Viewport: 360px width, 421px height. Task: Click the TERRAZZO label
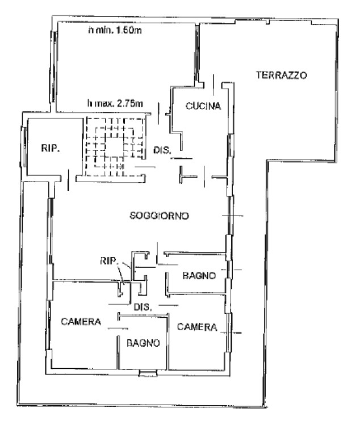pyautogui.click(x=281, y=75)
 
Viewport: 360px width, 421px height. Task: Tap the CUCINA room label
pyautogui.click(x=203, y=106)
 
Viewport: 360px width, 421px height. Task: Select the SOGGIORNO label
pyautogui.click(x=160, y=216)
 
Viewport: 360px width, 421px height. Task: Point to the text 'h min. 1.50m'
pyautogui.click(x=115, y=30)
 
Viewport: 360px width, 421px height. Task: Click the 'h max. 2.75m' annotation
pyautogui.click(x=115, y=103)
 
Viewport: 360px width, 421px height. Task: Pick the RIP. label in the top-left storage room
pyautogui.click(x=51, y=148)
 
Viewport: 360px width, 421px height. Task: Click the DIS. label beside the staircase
pyautogui.click(x=162, y=150)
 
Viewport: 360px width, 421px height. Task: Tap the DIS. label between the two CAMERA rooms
pyautogui.click(x=143, y=307)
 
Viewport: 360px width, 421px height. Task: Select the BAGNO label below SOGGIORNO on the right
pyautogui.click(x=199, y=276)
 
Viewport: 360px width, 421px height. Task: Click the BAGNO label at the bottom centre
pyautogui.click(x=143, y=343)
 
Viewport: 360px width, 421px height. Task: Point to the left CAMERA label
pyautogui.click(x=81, y=321)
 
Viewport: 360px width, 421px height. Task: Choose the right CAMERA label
pyautogui.click(x=197, y=327)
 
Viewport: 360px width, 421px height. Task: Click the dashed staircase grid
pyautogui.click(x=115, y=147)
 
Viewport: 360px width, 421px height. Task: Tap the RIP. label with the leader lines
pyautogui.click(x=108, y=260)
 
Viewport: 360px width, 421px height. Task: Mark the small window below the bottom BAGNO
pyautogui.click(x=148, y=373)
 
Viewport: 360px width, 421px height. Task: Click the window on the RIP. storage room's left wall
pyautogui.click(x=24, y=147)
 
